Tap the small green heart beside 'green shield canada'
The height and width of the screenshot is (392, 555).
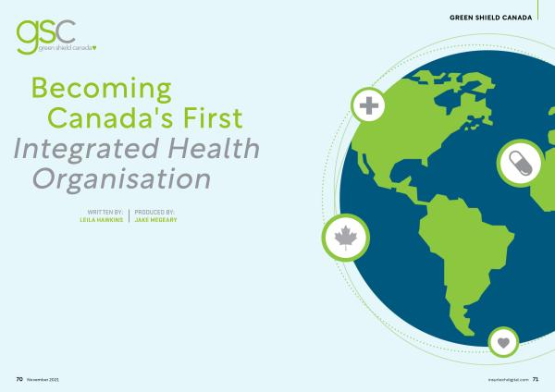pos(94,48)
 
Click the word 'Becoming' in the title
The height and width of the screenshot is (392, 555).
pos(102,89)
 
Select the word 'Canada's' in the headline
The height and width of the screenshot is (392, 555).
pos(110,117)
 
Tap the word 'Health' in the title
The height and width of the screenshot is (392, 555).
pos(214,148)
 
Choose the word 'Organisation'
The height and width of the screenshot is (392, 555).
pos(122,179)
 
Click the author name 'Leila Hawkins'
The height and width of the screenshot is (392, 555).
pos(101,220)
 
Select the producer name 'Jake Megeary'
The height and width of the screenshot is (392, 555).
pos(155,220)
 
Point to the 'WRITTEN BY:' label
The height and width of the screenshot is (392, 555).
pos(105,213)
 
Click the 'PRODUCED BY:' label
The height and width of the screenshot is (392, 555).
pos(154,213)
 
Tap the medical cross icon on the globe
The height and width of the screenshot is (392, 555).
pos(369,105)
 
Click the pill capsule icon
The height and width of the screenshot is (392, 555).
pos(520,163)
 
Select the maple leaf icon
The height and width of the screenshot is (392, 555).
pos(346,238)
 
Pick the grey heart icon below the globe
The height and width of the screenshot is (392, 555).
pos(503,342)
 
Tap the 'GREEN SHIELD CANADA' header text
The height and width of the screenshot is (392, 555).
pos(490,18)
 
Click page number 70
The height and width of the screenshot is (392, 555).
pos(19,379)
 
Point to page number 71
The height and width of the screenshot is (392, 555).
pos(536,379)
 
